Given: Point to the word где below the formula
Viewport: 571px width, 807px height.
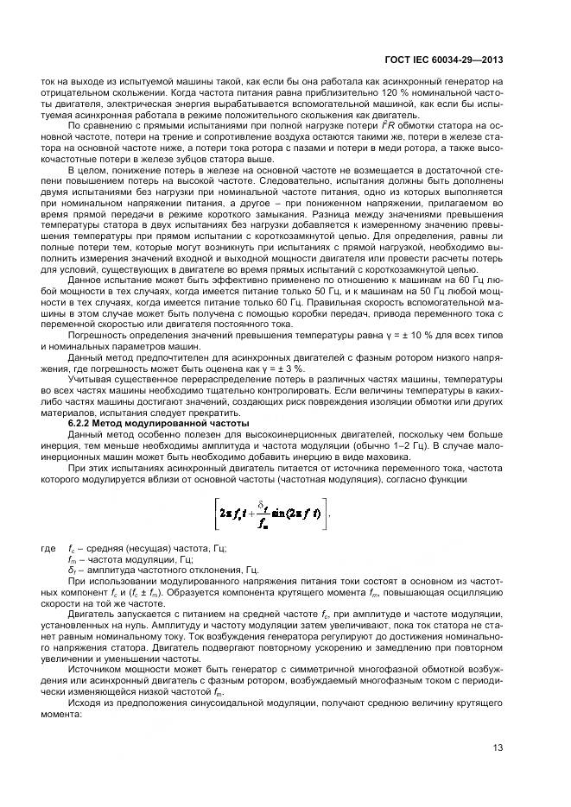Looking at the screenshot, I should click(x=48, y=548).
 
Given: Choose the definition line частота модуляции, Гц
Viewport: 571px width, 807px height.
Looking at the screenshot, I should click(x=130, y=559).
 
